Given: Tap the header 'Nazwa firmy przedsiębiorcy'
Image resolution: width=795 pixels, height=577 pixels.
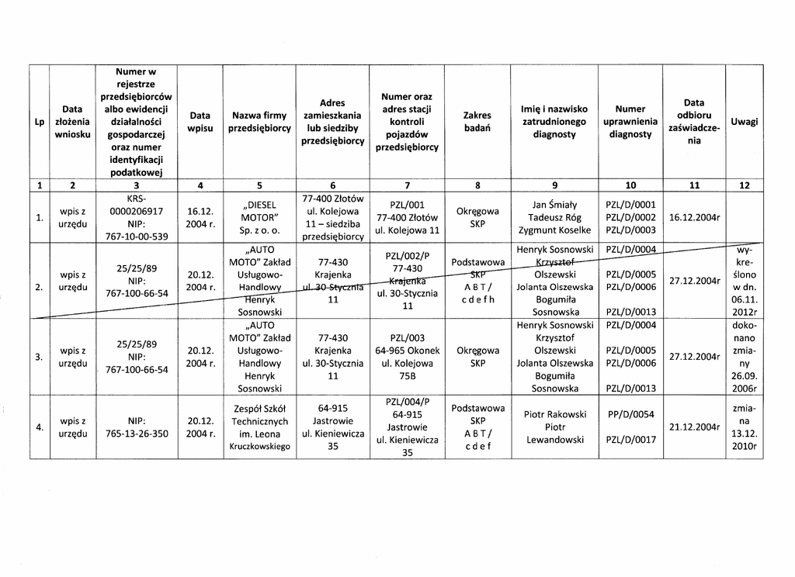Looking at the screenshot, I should click(x=259, y=123).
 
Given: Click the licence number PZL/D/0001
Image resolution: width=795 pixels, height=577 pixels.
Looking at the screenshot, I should click(x=630, y=205).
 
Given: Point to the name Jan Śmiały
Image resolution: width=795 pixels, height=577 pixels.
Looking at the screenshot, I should click(x=549, y=205).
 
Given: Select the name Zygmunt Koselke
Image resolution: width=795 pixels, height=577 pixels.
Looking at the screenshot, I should click(x=549, y=230).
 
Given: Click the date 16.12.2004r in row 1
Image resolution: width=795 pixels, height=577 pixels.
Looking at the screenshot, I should click(x=694, y=217).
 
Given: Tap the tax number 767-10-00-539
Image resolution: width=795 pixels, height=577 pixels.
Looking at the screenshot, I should click(x=137, y=237).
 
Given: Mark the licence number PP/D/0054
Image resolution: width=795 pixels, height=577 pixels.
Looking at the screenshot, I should click(x=630, y=414).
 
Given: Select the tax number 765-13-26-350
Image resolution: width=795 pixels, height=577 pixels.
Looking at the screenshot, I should click(x=137, y=434).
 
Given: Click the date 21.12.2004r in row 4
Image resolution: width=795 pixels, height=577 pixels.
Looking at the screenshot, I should click(x=694, y=427).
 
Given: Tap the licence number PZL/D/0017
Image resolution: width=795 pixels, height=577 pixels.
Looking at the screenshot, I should click(x=630, y=440).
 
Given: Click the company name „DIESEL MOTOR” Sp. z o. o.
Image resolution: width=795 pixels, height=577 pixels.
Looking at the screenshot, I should click(x=259, y=217).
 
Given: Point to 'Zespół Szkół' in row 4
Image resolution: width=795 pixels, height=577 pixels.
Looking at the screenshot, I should click(x=259, y=409).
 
